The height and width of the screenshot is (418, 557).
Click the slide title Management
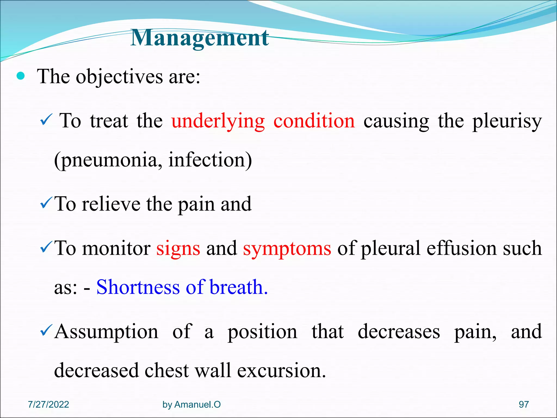pos(200,38)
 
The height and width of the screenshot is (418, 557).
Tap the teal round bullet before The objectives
pos(21,76)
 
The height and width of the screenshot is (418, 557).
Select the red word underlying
pos(218,121)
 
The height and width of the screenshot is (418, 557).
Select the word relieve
pos(111,204)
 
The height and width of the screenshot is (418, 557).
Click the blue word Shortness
pos(138,287)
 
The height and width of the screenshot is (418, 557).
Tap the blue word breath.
pos(239,287)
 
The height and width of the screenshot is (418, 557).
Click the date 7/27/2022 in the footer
pos(48,404)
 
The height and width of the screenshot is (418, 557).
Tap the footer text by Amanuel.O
pos(191,405)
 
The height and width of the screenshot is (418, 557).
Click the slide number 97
pos(524,404)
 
